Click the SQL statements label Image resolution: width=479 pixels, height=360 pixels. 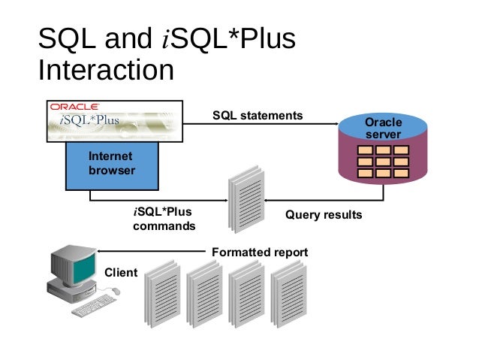coord(258,116)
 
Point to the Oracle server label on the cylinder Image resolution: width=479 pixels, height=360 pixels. coord(383,128)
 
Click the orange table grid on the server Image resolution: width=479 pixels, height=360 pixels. coord(382,162)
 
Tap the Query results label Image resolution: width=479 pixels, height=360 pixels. coord(324,215)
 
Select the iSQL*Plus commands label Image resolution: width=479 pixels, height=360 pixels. coord(164,219)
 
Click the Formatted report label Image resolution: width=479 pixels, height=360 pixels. coord(260,253)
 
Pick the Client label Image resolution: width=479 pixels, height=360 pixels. coord(120,272)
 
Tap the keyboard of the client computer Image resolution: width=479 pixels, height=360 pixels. coord(94,304)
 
